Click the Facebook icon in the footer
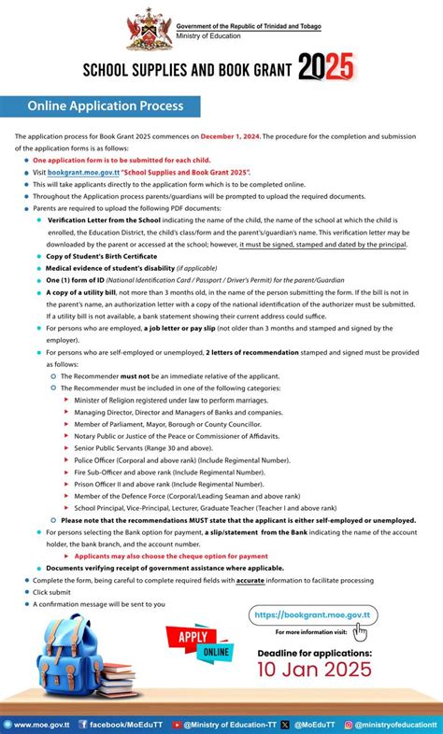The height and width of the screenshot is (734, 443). coord(84,724)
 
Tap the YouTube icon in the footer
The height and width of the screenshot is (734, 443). coord(178,724)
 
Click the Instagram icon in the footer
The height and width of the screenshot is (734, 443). coord(348,724)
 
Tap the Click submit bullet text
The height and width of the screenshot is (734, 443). coord(53,592)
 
